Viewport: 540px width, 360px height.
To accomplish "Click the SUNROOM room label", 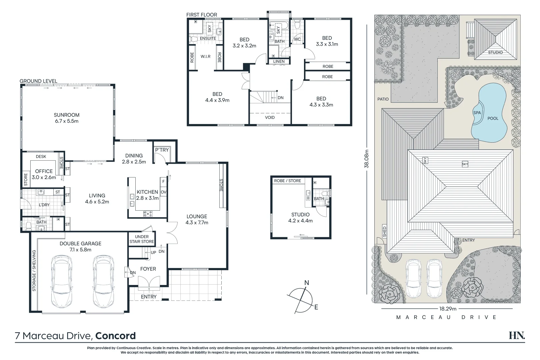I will tap(67, 115).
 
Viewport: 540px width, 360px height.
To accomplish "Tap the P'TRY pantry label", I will tap(162, 150).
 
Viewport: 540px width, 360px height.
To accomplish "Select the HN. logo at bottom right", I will tap(517, 335).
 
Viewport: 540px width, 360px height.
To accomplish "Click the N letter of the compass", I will tap(307, 283).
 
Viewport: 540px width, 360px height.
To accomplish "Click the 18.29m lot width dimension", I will tap(447, 309).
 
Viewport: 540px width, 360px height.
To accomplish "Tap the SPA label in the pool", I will tap(477, 113).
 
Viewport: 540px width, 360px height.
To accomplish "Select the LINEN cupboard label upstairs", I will tap(279, 61).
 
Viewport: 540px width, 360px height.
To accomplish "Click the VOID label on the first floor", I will tap(270, 117).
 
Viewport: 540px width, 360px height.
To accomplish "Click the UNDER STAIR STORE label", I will tap(142, 239).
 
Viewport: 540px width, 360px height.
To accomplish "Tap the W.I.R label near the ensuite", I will tap(205, 56).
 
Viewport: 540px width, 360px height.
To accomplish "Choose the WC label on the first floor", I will tap(297, 39).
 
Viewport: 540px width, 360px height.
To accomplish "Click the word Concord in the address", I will tap(115, 336).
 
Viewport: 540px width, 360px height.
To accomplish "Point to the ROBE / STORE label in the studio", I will tap(287, 181).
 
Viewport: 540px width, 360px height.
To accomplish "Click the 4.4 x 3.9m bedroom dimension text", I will tap(217, 100).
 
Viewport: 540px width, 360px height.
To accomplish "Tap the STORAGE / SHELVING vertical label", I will tap(34, 271).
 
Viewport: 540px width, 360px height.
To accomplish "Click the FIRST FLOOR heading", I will tap(201, 15).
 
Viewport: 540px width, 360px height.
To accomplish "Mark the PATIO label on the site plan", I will tap(383, 99).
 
